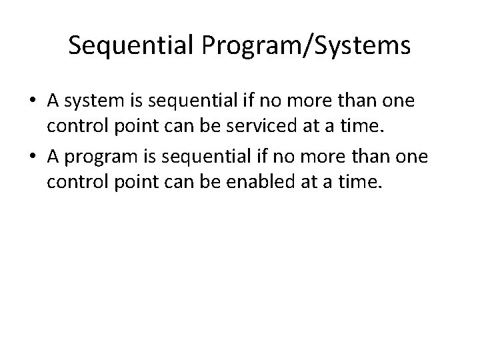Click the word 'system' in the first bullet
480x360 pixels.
pyautogui.click(x=91, y=101)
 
